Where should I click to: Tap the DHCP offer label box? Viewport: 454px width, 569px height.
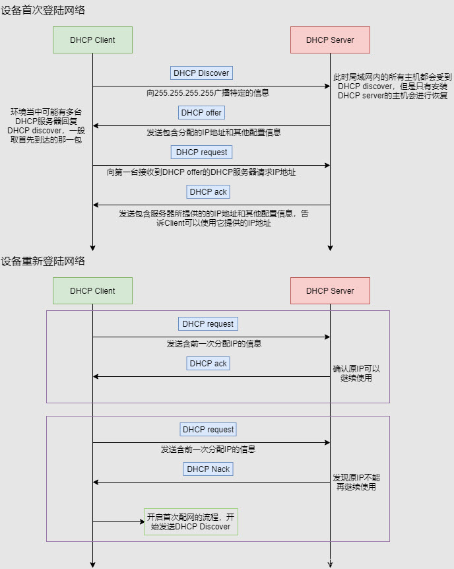(x=201, y=112)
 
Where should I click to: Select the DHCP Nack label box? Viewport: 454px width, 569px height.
(x=208, y=469)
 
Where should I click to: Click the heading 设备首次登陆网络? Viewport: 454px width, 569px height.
(x=43, y=11)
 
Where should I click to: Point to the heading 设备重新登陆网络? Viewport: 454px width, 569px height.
(x=43, y=261)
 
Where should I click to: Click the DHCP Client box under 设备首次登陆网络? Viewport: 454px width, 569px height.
(x=92, y=40)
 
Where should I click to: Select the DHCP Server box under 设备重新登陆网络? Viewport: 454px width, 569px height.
(x=330, y=290)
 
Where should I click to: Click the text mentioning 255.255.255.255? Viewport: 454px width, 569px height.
(x=208, y=92)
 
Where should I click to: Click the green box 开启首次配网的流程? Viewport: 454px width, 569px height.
(x=191, y=521)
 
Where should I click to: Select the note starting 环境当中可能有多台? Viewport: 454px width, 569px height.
(x=46, y=126)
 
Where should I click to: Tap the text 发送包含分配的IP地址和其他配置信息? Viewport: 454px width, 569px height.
(x=214, y=132)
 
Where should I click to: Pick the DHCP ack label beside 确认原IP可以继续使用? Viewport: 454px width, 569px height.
(x=208, y=363)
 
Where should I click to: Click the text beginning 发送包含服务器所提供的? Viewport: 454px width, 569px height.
(x=214, y=218)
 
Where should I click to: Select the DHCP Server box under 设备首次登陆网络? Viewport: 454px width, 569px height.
(x=330, y=40)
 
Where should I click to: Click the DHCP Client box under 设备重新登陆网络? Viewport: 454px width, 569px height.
(x=92, y=290)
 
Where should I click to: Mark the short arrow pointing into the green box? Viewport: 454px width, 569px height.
(x=119, y=521)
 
